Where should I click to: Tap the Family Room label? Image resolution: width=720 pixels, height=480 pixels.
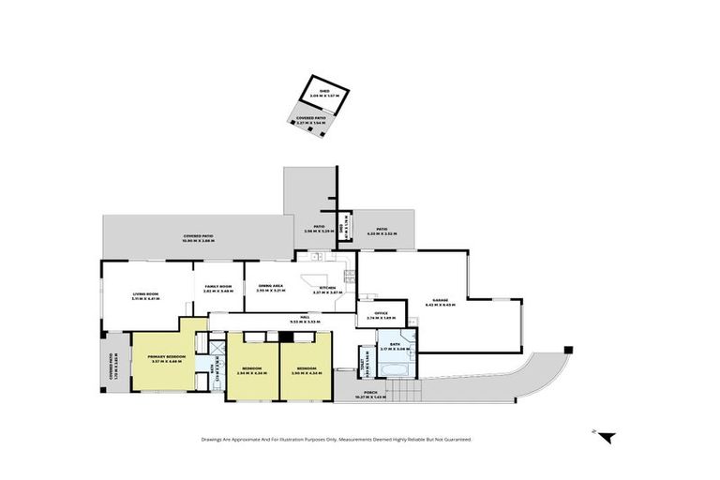[x=217, y=289]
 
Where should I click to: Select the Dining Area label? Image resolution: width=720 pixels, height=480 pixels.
[x=271, y=288]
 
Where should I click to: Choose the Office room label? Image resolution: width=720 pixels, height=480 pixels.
[x=381, y=315]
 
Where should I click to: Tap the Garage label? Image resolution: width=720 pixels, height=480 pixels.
[x=440, y=302]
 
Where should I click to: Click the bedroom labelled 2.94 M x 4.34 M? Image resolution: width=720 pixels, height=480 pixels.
[x=251, y=370]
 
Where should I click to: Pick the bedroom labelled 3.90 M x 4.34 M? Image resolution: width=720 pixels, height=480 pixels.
[x=306, y=370]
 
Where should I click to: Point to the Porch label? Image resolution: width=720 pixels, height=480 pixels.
[x=371, y=394]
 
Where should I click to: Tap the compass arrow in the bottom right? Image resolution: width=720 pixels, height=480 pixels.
[x=607, y=436]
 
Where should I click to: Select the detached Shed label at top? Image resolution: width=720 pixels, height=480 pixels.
[x=324, y=92]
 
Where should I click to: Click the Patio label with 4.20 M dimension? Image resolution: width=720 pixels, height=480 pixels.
[x=382, y=231]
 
